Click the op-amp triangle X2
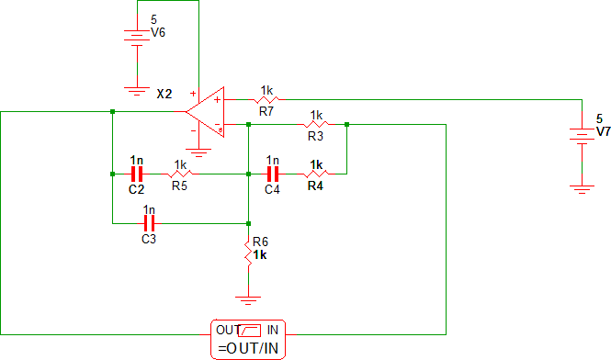[x=206, y=111]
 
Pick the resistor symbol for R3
[x=316, y=123]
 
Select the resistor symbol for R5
[x=180, y=173]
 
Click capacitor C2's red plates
[x=137, y=173]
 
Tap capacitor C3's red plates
[x=150, y=223]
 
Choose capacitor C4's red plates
[x=273, y=173]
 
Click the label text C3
[x=149, y=239]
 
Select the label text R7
[x=266, y=111]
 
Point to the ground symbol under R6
[x=248, y=298]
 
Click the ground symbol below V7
[x=581, y=187]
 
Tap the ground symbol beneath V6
[x=137, y=90]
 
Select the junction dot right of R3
[x=347, y=123]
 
